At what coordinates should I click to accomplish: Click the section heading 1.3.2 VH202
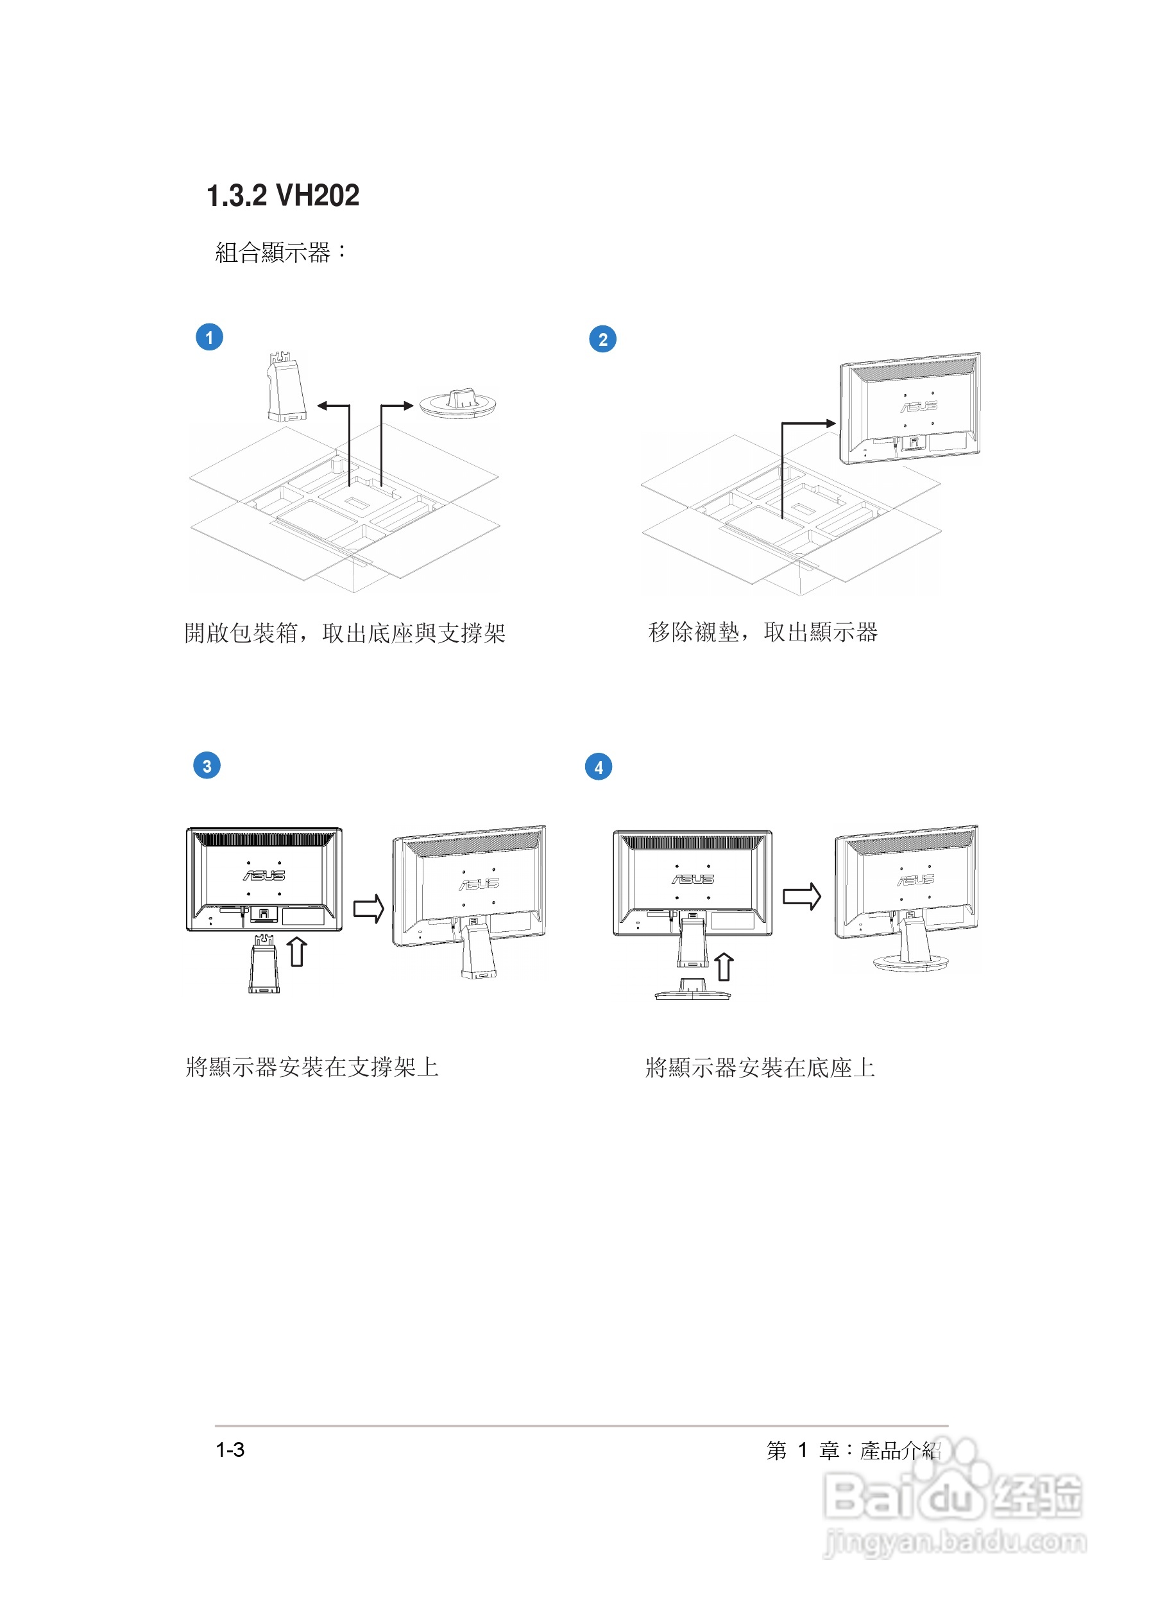(x=282, y=196)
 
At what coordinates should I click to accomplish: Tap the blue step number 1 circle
(x=209, y=338)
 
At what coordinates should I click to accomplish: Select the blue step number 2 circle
(x=602, y=339)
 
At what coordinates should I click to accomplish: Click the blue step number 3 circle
(x=207, y=766)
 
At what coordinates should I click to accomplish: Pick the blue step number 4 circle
(x=599, y=768)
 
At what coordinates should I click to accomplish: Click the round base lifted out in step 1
(x=457, y=404)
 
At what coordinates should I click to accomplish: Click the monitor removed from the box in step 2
(x=910, y=408)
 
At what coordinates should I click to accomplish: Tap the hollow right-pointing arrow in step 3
(x=368, y=908)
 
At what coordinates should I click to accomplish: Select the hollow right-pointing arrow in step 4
(x=802, y=897)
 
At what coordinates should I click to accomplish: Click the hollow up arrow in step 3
(x=298, y=952)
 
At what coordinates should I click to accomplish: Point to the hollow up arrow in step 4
(x=723, y=967)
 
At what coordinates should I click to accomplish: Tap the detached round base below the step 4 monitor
(x=692, y=990)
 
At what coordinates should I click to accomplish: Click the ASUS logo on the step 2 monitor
(x=919, y=407)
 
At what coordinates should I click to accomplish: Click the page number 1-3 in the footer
(x=230, y=1450)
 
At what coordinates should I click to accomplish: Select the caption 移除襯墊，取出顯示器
(x=763, y=632)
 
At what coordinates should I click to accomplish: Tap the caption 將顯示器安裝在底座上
(x=760, y=1068)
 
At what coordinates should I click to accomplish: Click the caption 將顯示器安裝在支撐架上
(x=312, y=1067)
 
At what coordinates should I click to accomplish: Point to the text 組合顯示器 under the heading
(x=273, y=253)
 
